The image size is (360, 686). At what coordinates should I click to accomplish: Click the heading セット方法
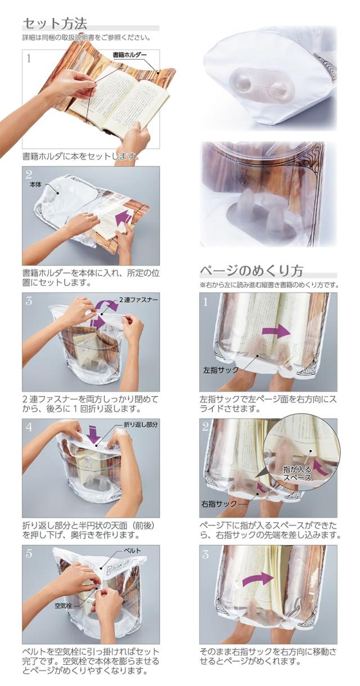pos(55,24)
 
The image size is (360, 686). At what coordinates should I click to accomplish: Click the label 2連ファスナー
pos(138,300)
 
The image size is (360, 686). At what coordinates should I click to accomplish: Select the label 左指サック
pos(220,371)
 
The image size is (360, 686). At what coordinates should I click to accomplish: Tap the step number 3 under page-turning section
pos(206,554)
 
